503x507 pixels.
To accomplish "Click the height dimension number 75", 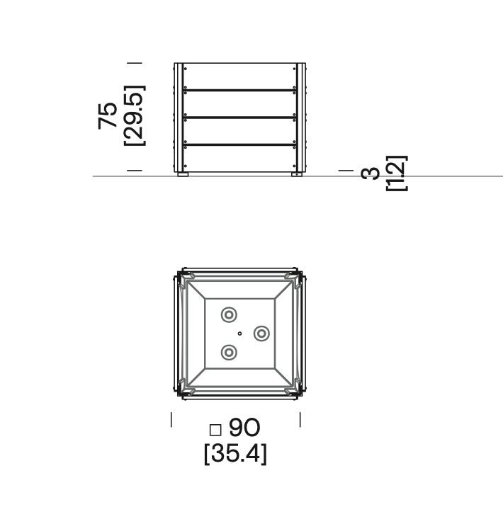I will tap(108, 115).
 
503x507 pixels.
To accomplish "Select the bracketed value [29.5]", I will tap(134, 115).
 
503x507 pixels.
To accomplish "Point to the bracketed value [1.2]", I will tap(395, 173).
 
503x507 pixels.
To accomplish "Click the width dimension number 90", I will tap(244, 428).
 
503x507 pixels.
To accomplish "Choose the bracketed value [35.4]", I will tap(235, 454).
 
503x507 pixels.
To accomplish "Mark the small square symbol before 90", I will tap(215, 429).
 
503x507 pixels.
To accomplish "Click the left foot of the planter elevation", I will tap(183, 173).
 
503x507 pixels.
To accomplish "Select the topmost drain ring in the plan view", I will tap(229, 315).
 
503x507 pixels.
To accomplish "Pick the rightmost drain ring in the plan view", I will tap(261, 333).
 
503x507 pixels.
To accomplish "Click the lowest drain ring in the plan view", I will tap(229, 351).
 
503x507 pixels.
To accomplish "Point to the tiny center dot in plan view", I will tap(240, 333).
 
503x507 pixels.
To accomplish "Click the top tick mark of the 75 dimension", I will tap(134, 63).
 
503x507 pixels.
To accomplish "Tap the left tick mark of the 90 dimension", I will tap(171, 420).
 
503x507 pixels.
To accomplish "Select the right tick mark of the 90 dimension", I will tap(300, 420).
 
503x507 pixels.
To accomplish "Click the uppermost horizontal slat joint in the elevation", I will tap(240, 90).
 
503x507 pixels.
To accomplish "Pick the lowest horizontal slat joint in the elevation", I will tap(240, 144).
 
